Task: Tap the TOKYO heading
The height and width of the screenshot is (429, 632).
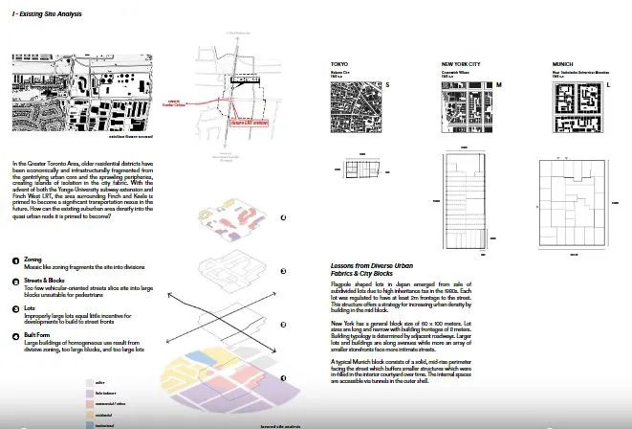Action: (338, 63)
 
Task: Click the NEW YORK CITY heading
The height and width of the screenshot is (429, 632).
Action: (450, 63)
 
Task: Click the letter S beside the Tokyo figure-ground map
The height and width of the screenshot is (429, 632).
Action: (387, 85)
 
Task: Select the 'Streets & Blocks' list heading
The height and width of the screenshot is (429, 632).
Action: (44, 281)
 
